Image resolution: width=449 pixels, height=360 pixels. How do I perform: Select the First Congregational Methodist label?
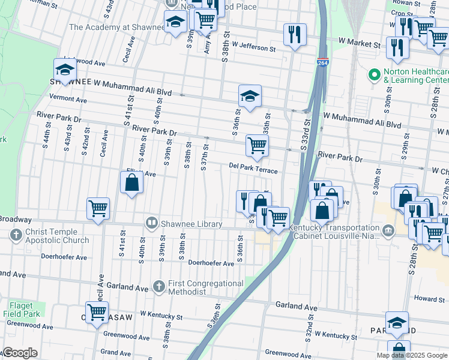click(203, 287)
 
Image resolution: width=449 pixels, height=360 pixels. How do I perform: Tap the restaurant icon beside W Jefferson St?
click(295, 34)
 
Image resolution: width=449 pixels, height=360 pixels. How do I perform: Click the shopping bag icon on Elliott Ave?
click(132, 182)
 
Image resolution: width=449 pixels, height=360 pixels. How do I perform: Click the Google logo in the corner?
click(20, 353)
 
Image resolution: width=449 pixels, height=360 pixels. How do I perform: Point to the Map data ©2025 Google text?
click(411, 355)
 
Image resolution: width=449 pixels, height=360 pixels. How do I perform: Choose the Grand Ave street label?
click(116, 352)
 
